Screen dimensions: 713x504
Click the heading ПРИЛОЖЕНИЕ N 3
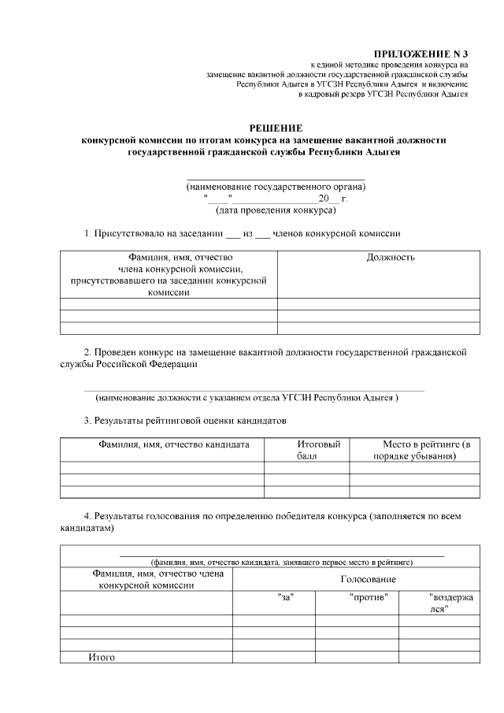421,52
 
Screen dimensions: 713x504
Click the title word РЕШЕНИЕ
275,128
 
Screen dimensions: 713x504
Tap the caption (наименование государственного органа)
275,188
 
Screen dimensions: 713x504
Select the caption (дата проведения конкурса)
276,210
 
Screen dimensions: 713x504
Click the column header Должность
391,258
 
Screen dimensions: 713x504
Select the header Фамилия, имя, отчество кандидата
173,445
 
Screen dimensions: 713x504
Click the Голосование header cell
368,579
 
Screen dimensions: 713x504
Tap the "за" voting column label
286,598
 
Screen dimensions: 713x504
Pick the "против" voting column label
369,598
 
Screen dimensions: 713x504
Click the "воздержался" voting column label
450,603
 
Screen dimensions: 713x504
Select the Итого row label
102,656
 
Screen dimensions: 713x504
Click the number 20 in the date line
324,199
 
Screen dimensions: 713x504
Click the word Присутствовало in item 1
131,234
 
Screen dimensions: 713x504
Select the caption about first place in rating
283,562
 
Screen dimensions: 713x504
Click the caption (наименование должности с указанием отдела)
246,397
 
